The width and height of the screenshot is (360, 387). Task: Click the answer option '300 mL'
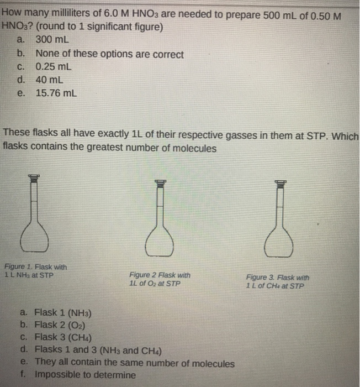pos(50,40)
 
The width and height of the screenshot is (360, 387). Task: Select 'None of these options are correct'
pos(109,55)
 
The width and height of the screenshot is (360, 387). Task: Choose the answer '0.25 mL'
pos(53,67)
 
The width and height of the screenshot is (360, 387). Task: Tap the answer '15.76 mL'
pos(56,93)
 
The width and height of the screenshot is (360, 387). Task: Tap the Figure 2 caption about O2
pos(160,279)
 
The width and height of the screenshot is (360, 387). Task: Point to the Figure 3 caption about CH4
pos(278,281)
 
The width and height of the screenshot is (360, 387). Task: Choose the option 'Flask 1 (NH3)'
pos(61,312)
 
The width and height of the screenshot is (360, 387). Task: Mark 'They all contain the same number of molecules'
pos(134,363)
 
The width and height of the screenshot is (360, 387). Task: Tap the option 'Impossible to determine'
pos(85,375)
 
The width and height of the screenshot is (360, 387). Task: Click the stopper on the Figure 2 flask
pos(160,181)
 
